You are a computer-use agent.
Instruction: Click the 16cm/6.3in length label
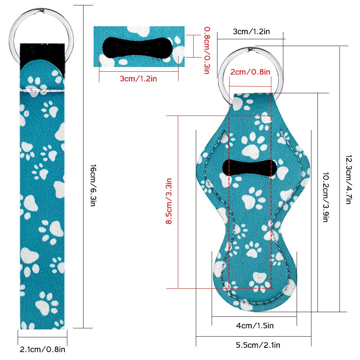click(93, 185)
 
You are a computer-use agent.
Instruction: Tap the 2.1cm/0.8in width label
click(42, 350)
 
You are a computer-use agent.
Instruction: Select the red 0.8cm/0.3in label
click(207, 50)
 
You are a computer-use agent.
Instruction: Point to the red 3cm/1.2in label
click(139, 79)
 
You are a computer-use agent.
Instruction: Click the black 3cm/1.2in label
click(251, 31)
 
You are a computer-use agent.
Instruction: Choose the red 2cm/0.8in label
click(250, 72)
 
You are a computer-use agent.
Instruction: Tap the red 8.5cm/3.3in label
click(169, 201)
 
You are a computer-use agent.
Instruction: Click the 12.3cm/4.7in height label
click(348, 180)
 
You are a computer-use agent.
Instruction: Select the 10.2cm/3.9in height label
click(325, 197)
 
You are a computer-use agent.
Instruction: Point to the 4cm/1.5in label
click(255, 325)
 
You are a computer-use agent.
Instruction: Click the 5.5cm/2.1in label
click(258, 345)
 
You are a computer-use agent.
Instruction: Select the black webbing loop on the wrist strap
click(42, 57)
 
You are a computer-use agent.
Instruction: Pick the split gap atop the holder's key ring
click(251, 49)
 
